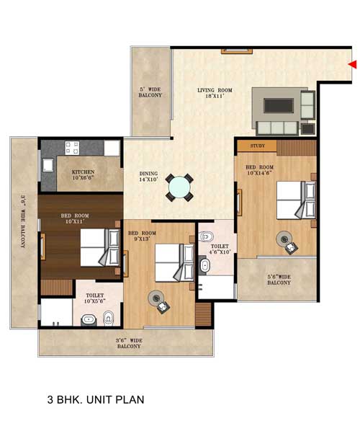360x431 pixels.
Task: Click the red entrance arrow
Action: (x=353, y=64)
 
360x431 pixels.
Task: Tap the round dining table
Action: (x=179, y=187)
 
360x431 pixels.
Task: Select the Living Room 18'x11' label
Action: (x=215, y=93)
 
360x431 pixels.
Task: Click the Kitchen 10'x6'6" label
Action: (x=84, y=174)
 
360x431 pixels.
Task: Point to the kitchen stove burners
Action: (x=72, y=148)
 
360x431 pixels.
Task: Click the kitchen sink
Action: (x=48, y=165)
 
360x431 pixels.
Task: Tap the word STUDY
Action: (x=258, y=146)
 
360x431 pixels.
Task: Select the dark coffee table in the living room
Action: (x=279, y=106)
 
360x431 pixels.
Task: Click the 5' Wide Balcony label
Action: (x=150, y=92)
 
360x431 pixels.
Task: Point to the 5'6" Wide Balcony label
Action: (x=279, y=280)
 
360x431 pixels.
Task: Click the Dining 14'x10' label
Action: (x=148, y=177)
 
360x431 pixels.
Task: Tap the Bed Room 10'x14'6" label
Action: (x=259, y=170)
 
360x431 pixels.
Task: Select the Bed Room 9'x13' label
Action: (x=142, y=236)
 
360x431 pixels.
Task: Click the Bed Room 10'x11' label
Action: (x=75, y=218)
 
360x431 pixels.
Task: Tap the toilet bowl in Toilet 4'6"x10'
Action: (x=207, y=236)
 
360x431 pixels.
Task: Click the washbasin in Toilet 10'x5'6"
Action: (x=89, y=320)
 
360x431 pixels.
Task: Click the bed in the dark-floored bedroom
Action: (x=100, y=247)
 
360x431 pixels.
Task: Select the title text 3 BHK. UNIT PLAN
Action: (x=96, y=399)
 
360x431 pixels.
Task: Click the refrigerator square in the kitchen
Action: (x=112, y=148)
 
